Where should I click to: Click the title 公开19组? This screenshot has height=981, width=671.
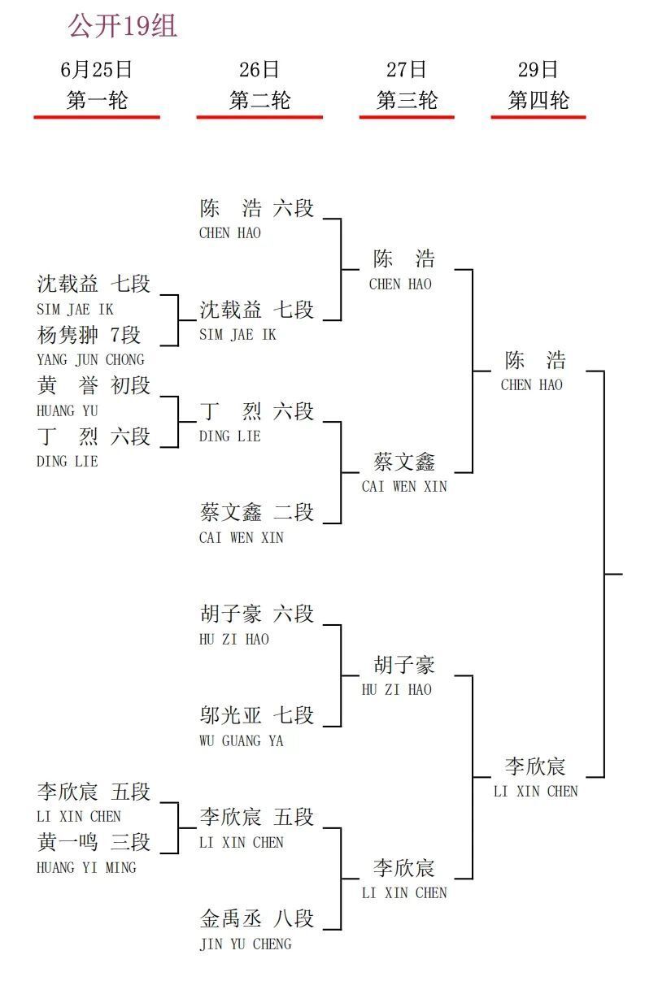pyautogui.click(x=123, y=25)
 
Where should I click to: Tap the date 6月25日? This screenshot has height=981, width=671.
pyautogui.click(x=97, y=69)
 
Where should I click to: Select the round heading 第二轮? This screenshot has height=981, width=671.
pyautogui.click(x=259, y=100)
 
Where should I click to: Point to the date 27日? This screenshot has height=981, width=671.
pyautogui.click(x=407, y=69)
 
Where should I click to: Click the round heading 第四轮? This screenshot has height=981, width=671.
pyautogui.click(x=538, y=100)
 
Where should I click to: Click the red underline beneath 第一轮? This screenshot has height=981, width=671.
pyautogui.click(x=97, y=117)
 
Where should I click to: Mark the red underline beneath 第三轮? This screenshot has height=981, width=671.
pyautogui.click(x=407, y=117)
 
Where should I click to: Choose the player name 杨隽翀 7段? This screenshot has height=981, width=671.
pyautogui.click(x=89, y=335)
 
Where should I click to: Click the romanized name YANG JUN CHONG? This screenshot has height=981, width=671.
pyautogui.click(x=91, y=360)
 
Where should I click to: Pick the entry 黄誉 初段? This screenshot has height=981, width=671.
pyautogui.click(x=94, y=385)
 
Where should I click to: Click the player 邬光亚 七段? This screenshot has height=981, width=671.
pyautogui.click(x=257, y=715)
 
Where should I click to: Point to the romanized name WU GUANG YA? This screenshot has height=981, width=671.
pyautogui.click(x=242, y=741)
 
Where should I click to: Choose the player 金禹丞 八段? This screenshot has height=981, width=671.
pyautogui.click(x=257, y=918)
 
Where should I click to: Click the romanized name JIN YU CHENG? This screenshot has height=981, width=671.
pyautogui.click(x=246, y=944)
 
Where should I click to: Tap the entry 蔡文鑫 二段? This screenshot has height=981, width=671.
pyautogui.click(x=257, y=512)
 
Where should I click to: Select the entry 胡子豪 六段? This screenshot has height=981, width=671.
pyautogui.click(x=257, y=614)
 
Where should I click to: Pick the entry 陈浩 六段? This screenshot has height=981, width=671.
pyautogui.click(x=257, y=208)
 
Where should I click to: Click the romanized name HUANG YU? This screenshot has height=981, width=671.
pyautogui.click(x=68, y=410)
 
